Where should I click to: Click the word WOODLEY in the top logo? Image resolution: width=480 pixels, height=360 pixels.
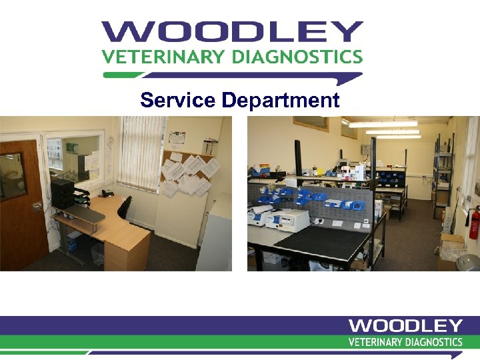coord(232,33)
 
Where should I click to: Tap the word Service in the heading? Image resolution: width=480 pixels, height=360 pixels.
coord(177,101)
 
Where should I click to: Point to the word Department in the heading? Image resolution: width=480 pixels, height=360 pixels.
coord(280,101)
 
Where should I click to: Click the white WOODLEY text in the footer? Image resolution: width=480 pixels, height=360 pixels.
coord(405,326)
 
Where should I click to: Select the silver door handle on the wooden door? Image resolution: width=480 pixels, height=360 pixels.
coord(37,205)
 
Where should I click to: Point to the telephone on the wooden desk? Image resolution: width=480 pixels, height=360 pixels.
coord(106,193)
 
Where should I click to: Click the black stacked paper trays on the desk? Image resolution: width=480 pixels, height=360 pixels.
coord(63,193)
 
